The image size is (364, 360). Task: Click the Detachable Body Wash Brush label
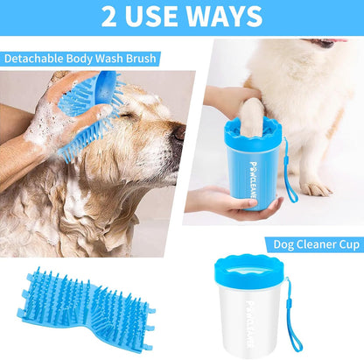tap(80, 59)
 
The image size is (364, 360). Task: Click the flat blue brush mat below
tap(82, 312)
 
